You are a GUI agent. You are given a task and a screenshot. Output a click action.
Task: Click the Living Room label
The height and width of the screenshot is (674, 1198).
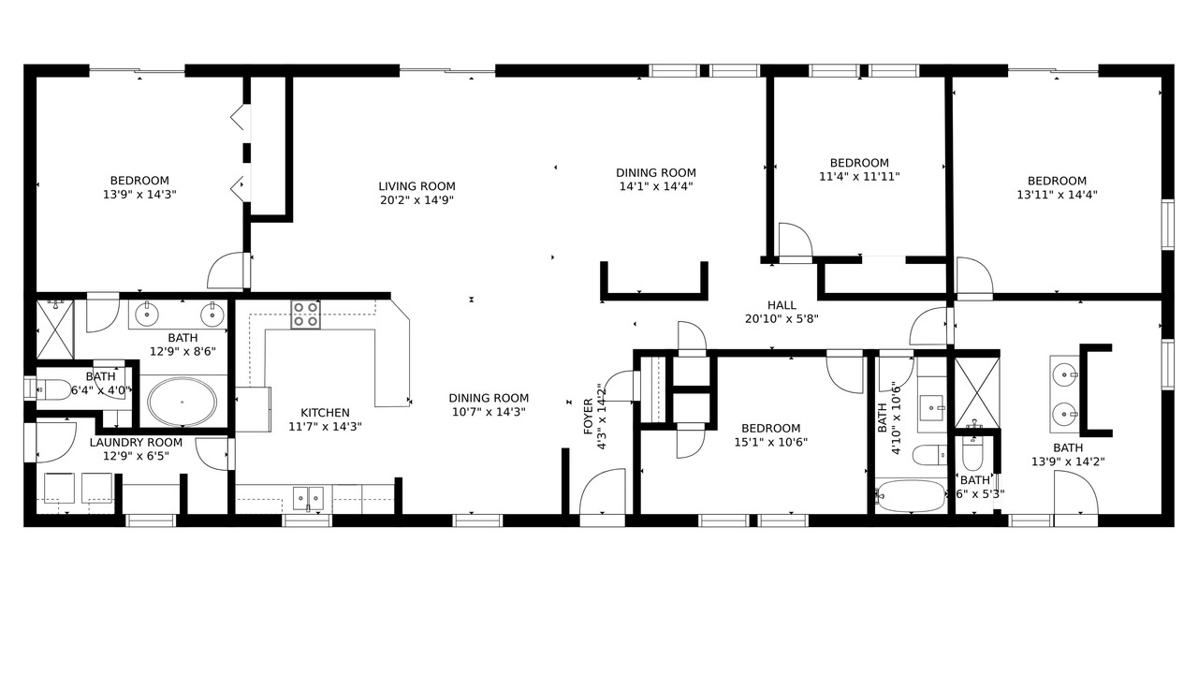coord(416,186)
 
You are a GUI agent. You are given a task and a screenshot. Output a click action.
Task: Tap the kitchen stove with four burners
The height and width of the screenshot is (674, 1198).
coord(305,315)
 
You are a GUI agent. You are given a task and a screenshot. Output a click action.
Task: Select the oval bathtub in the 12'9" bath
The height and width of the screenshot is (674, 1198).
coord(183,402)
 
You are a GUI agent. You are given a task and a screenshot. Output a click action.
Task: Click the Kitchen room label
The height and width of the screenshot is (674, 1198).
coord(325,413)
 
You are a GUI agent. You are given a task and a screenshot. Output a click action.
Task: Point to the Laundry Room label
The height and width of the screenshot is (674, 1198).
coord(136,443)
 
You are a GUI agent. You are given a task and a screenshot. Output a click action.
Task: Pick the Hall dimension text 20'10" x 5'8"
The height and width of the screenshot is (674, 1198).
coord(782,319)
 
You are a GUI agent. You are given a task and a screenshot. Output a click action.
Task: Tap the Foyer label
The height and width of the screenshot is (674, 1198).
coord(589,417)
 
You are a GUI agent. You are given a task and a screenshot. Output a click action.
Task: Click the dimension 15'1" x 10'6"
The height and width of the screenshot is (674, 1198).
coord(770,443)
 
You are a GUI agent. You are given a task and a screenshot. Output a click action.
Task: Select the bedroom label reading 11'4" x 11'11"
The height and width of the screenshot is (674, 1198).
coord(859,177)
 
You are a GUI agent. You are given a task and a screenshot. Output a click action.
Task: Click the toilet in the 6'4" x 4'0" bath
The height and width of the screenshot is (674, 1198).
coord(53,389)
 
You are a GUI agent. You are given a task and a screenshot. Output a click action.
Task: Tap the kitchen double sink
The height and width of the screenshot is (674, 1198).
coord(308,499)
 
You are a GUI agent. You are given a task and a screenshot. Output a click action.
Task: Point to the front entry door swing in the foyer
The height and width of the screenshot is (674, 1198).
coord(603,491)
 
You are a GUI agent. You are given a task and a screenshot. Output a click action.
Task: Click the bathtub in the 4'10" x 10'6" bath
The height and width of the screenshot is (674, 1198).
coord(911,496)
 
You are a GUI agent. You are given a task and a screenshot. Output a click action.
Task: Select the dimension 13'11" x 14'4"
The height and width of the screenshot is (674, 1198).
coord(1057,195)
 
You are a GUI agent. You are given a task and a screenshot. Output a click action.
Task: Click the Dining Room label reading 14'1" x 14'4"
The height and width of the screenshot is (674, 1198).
coord(656,173)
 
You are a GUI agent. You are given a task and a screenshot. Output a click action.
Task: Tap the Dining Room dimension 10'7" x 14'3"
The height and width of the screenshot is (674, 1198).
coord(489,412)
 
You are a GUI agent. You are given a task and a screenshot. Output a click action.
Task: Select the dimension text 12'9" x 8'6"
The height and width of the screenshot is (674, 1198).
coord(183,352)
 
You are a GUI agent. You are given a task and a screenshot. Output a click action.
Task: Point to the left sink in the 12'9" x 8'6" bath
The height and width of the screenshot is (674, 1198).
coord(146,315)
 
